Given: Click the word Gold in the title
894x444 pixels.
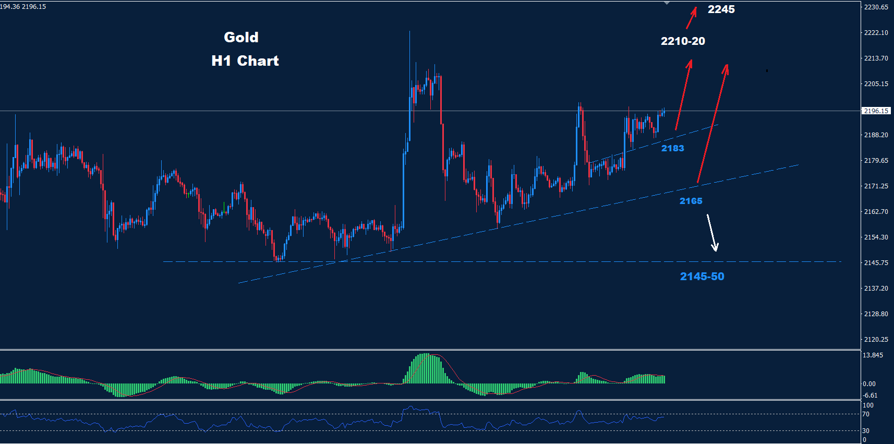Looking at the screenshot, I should point(241,38).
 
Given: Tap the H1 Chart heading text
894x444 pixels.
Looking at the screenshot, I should point(245,61).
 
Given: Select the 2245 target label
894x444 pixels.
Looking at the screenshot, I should point(721,9).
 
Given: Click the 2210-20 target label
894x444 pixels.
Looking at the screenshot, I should point(683,41).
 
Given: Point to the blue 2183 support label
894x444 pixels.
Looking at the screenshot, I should point(672,148).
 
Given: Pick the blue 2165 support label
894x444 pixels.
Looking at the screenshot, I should point(691,201).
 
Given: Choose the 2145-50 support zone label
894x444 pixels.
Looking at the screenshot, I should point(702,277).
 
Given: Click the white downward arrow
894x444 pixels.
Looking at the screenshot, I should point(712,233).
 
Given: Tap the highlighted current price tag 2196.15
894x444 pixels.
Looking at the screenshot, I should point(876,111).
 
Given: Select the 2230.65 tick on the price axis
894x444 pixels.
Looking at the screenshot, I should point(876,7).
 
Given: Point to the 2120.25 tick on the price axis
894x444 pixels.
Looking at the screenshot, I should point(876,340).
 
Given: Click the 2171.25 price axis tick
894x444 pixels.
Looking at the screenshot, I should point(876,186).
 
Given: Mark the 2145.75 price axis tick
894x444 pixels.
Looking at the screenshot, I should point(876,263).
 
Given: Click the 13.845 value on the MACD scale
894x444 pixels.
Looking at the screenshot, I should point(873,355).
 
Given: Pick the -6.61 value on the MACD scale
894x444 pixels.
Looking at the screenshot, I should point(870,395).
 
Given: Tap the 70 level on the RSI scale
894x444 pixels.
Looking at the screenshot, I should point(866,414).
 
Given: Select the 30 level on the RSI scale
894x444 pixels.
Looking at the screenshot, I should point(866,431).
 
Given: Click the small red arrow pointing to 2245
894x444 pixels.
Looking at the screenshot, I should point(691,18).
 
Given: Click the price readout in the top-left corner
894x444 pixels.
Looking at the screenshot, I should point(23,7).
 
